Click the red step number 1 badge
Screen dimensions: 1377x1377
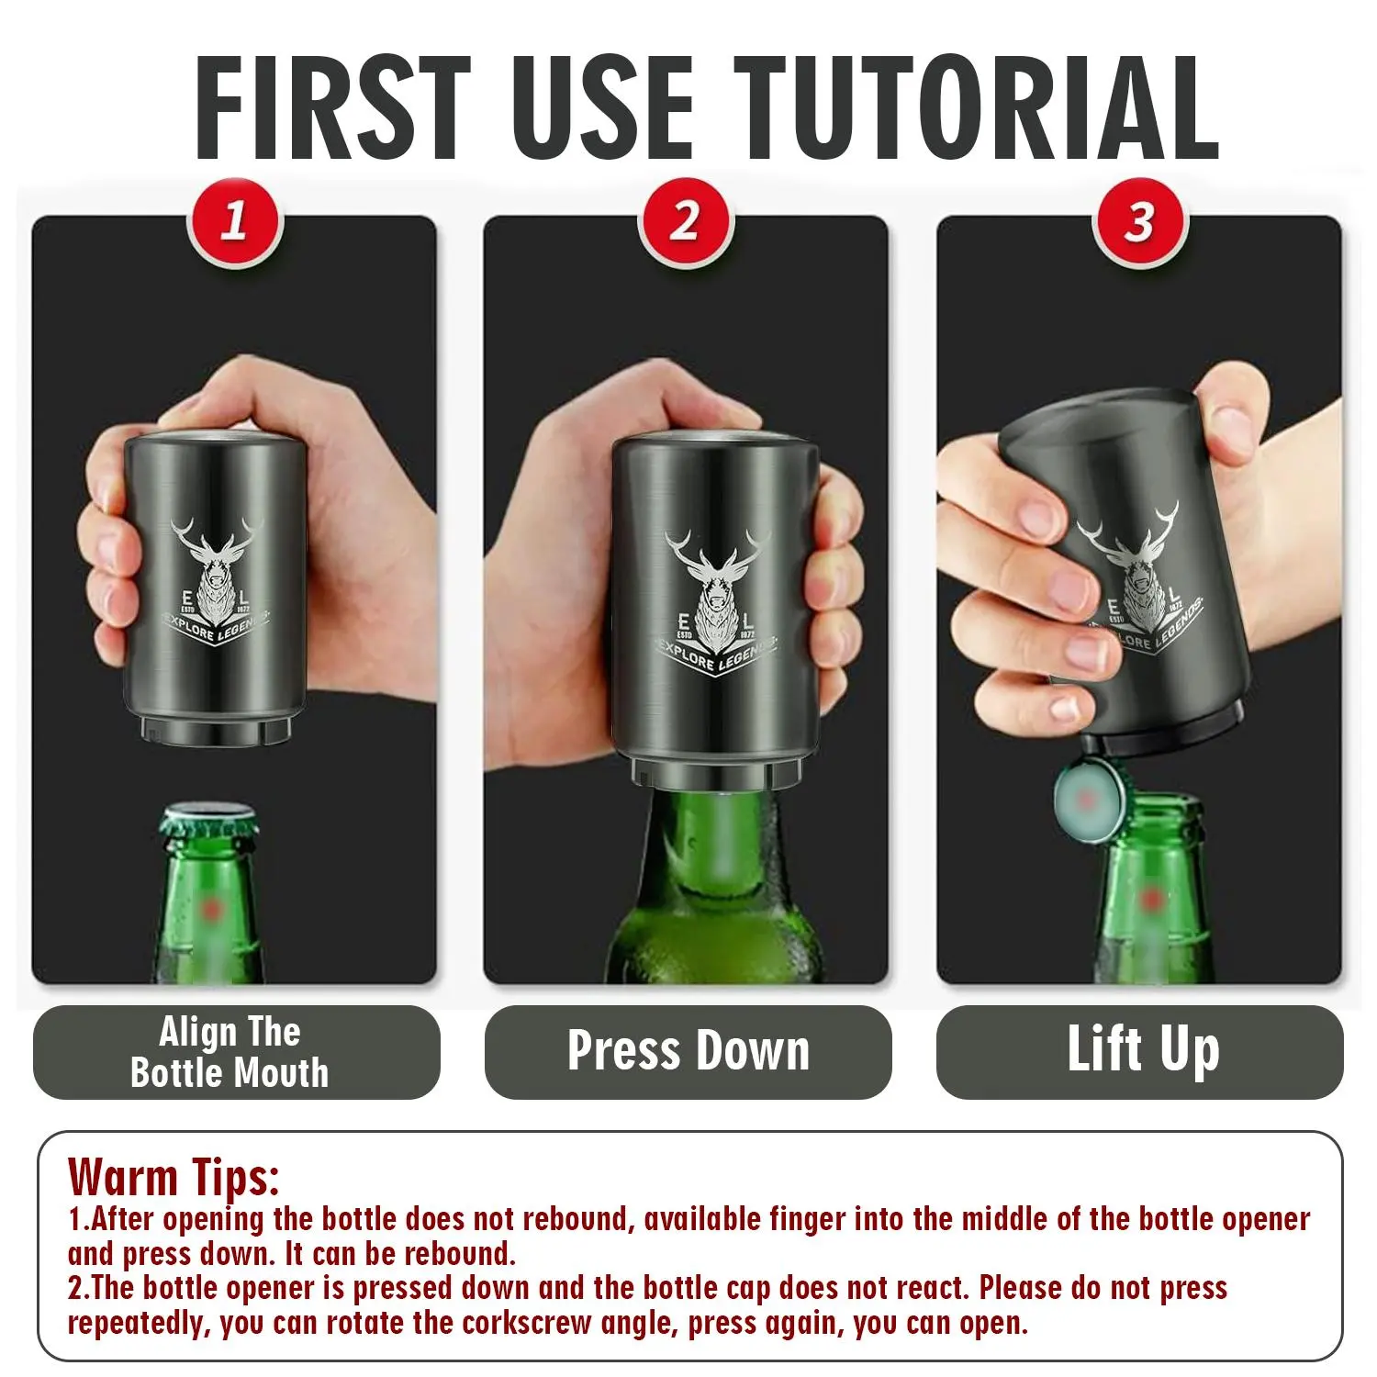pos(235,223)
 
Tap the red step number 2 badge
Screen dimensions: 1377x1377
pos(686,223)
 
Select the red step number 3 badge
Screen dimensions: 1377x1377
pos(1139,223)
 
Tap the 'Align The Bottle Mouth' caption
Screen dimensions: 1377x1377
pos(230,1052)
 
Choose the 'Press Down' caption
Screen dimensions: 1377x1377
pos(688,1050)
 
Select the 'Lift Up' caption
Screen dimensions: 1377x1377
pos(1143,1050)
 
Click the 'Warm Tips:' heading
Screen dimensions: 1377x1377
pos(174,1176)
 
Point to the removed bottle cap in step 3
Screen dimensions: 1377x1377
pos(1084,798)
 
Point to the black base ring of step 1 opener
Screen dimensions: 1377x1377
pos(216,730)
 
